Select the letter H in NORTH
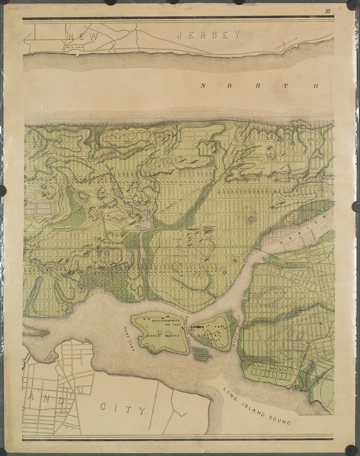315,86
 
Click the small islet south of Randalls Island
202,354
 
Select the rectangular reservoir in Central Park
38,208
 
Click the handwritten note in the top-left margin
13,10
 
